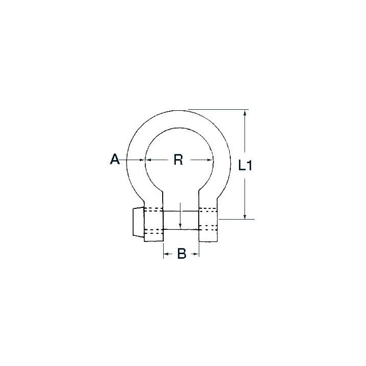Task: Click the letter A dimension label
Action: click(114, 159)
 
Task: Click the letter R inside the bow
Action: click(178, 160)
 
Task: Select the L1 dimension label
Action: click(245, 165)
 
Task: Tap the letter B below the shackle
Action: click(181, 253)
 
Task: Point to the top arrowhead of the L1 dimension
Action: click(245, 113)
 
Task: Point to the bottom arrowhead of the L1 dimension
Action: click(245, 216)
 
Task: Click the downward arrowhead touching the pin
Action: click(180, 226)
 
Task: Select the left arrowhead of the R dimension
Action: click(148, 160)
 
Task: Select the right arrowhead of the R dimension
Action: click(210, 160)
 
